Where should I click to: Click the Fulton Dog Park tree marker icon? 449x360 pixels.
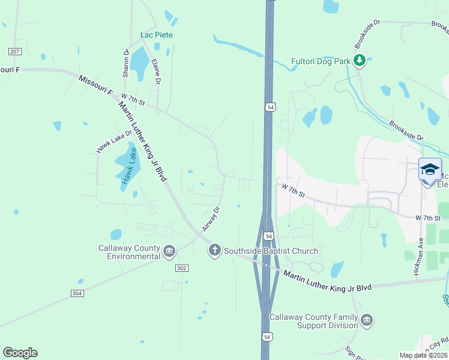tap(360, 61)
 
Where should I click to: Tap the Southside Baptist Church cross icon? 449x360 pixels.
tap(215, 250)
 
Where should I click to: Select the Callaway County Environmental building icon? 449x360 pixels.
tap(169, 251)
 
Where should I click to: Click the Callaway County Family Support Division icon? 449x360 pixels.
tap(367, 321)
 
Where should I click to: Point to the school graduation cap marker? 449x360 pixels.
tap(430, 169)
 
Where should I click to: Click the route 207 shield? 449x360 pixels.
tap(15, 51)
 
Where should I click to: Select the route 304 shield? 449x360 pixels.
tap(77, 293)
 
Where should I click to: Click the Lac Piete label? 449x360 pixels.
tap(157, 35)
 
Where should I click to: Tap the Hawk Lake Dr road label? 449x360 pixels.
tap(113, 142)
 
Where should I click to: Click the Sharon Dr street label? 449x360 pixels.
tap(126, 63)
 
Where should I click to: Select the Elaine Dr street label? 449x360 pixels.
tap(156, 70)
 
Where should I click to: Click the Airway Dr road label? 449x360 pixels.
tap(212, 219)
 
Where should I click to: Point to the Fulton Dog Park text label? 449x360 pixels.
tap(320, 61)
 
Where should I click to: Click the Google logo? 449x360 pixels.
tap(20, 353)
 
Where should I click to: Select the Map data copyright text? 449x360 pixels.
tap(423, 355)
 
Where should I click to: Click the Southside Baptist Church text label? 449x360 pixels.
tap(271, 250)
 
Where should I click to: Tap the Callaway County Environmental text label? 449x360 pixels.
tap(130, 252)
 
